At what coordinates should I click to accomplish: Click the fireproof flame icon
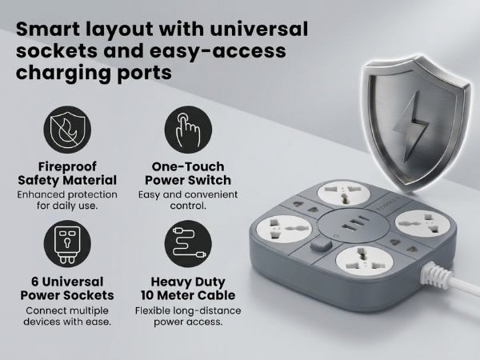click(67, 130)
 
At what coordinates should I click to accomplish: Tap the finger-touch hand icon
click(188, 130)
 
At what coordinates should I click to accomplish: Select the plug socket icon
click(67, 244)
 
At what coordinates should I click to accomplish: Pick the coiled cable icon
click(188, 244)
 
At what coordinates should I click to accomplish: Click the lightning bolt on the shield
click(411, 126)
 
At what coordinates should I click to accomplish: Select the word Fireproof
click(67, 167)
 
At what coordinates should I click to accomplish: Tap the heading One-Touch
click(188, 166)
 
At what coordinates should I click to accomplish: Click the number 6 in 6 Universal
click(35, 282)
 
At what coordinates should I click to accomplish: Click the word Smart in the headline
click(47, 29)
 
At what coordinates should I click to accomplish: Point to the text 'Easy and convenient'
click(188, 194)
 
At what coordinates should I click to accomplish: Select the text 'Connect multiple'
click(67, 310)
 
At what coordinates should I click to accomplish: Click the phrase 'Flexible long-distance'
click(188, 310)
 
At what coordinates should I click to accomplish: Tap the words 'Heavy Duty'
click(188, 282)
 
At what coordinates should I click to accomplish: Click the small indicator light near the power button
click(336, 236)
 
